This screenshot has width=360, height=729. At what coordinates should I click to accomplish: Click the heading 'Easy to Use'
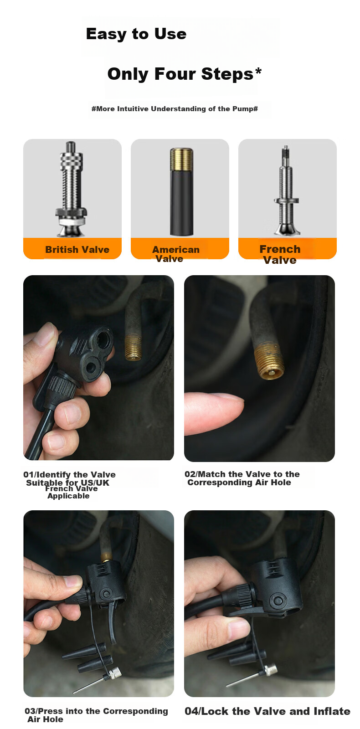(x=136, y=34)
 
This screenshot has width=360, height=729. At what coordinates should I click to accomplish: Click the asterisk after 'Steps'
(x=258, y=71)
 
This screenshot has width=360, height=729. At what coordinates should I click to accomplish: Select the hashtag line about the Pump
(x=175, y=109)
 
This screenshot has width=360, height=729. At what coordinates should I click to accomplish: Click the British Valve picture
(x=71, y=189)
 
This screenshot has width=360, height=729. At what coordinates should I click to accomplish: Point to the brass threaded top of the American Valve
(x=182, y=159)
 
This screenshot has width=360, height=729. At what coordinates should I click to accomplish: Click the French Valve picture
(x=287, y=190)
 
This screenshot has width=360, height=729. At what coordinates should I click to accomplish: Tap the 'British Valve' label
(x=77, y=250)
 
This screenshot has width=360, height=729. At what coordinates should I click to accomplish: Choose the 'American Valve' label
(x=175, y=254)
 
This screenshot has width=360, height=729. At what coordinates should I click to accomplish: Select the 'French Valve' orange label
(x=279, y=254)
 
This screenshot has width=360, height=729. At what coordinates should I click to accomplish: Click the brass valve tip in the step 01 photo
(x=133, y=347)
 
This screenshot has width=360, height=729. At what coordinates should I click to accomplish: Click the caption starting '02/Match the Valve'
(x=242, y=478)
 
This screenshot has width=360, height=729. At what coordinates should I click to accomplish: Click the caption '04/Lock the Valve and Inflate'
(x=267, y=711)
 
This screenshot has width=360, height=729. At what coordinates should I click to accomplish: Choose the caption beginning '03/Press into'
(x=96, y=715)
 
